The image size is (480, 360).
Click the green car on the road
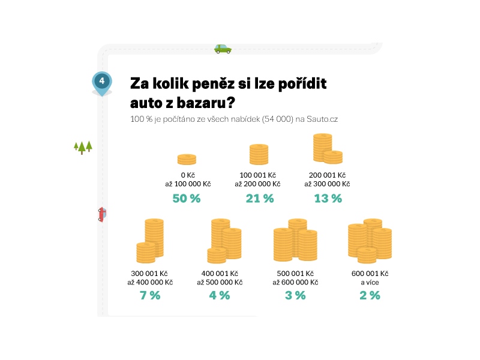click(223, 49)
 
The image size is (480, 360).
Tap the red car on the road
click(101, 214)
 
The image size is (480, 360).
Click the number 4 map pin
click(102, 82)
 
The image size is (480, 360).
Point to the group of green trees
click(83, 147)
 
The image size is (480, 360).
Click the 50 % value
click(187, 199)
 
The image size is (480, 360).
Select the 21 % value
click(260, 199)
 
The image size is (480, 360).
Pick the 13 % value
click(328, 199)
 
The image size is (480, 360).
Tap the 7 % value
click(150, 295)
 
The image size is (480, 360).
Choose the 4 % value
click(220, 295)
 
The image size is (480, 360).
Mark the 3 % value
click(295, 295)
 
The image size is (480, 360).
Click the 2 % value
click(370, 295)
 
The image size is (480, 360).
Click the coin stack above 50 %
click(187, 159)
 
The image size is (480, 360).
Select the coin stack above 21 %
click(259, 154)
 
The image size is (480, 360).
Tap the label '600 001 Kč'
click(370, 274)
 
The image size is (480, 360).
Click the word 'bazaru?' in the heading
click(200, 103)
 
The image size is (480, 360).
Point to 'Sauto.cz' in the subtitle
click(322, 119)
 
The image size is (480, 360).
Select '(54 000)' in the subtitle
click(277, 119)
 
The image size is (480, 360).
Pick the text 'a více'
click(370, 283)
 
